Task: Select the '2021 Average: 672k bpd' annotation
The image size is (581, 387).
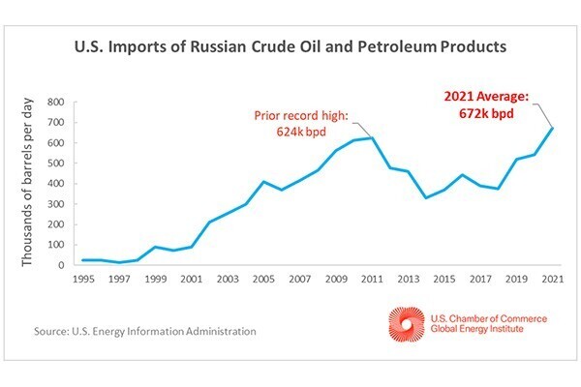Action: pos(493,104)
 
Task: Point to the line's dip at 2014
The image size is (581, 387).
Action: pos(426,197)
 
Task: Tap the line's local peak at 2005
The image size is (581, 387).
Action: pos(263,181)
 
